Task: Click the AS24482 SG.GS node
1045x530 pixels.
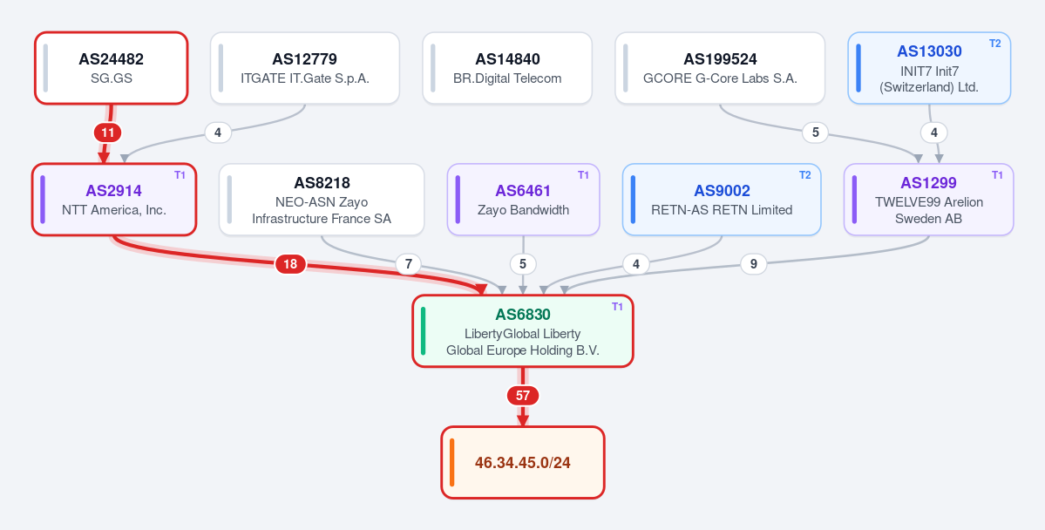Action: point(112,68)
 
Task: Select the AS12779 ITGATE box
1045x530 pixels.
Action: point(304,68)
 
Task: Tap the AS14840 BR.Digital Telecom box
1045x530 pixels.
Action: point(507,68)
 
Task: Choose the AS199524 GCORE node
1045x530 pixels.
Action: point(720,68)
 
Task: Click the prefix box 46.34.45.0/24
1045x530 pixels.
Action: point(523,462)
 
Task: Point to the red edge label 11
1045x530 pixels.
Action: point(108,132)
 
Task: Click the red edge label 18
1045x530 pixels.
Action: point(290,265)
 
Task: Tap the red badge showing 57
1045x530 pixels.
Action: point(523,396)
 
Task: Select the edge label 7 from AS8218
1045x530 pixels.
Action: point(408,265)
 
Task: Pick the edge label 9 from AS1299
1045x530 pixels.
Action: point(753,265)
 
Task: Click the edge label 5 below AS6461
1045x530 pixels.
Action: point(523,265)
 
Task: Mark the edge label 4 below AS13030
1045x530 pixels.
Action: point(933,132)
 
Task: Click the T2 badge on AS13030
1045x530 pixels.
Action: point(994,44)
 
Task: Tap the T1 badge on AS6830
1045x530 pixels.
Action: point(617,307)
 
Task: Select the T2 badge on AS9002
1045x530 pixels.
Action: point(805,174)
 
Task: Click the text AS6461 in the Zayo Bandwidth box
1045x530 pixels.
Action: point(523,191)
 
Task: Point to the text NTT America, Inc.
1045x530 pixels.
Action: point(114,210)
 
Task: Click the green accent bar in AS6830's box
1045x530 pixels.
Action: point(424,330)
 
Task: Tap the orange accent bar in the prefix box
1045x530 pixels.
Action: point(451,462)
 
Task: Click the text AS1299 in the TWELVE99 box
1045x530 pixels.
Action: point(928,183)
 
